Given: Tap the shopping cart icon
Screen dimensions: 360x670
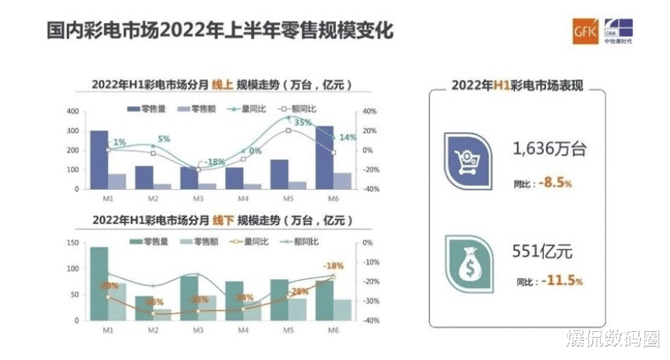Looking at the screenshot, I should [468, 158].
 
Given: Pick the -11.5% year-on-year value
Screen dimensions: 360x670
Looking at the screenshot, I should [563, 282].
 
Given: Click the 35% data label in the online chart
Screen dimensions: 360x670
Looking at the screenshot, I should [302, 122].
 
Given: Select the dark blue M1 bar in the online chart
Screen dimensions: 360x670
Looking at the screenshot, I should [99, 159].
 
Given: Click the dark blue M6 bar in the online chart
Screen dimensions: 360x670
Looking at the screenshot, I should [324, 157].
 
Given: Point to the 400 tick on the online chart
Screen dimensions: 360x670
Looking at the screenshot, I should [73, 111].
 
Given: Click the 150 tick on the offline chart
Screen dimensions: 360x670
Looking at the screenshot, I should [73, 243].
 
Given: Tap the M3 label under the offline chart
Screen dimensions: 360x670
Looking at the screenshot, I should [198, 330].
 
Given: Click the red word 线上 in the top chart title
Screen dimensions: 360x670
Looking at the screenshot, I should [219, 86].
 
